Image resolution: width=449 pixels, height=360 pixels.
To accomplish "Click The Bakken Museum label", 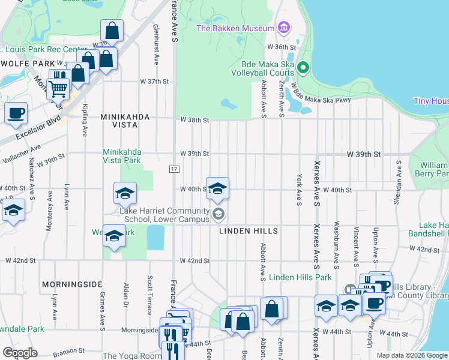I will tap(235, 28).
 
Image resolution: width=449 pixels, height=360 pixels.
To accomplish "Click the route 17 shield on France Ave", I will tap(173, 170).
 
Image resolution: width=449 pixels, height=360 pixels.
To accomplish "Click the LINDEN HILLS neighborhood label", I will tap(248, 231).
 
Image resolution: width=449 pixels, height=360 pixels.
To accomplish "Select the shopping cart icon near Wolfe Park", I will tap(58, 88).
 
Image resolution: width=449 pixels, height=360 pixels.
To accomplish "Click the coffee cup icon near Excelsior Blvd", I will tap(16, 112).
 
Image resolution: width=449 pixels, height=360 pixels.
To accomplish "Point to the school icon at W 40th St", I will tap(217, 188).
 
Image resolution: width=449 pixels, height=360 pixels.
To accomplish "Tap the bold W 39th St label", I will tap(364, 154).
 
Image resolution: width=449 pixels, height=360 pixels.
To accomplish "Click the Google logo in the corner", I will tap(20, 353).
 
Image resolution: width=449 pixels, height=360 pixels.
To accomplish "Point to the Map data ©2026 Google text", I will tap(411, 355).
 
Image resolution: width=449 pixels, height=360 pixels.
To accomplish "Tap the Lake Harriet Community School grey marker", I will tap(219, 213).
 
